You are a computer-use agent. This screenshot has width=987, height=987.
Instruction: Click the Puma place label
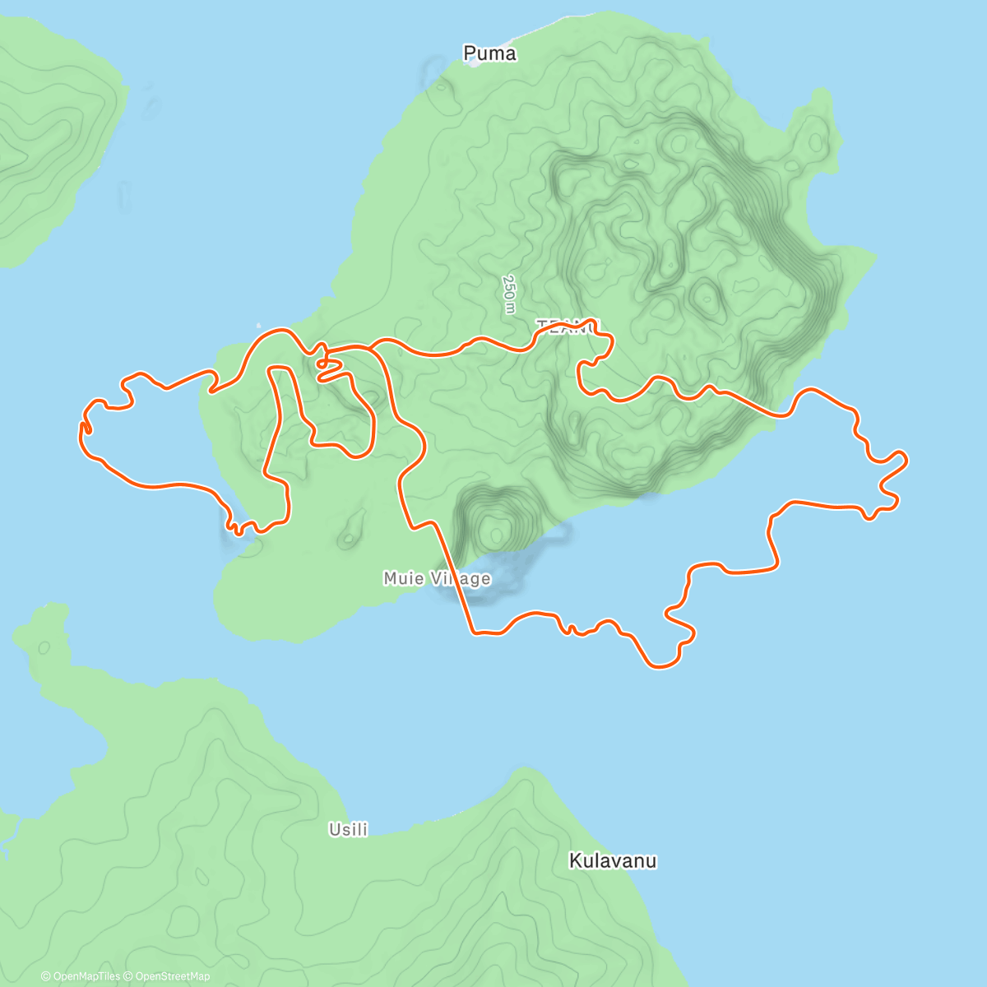pyautogui.click(x=489, y=53)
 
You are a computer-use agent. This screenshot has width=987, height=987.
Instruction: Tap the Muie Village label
pyautogui.click(x=437, y=578)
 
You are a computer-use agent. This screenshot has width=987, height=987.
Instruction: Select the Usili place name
pyautogui.click(x=348, y=829)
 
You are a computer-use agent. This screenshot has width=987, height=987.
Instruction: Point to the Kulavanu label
pyautogui.click(x=613, y=861)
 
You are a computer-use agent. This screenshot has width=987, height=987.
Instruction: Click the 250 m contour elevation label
pyautogui.click(x=509, y=294)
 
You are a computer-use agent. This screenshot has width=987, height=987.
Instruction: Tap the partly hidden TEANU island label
pyautogui.click(x=568, y=327)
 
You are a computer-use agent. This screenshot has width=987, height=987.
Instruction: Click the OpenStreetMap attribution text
pyautogui.click(x=172, y=976)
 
